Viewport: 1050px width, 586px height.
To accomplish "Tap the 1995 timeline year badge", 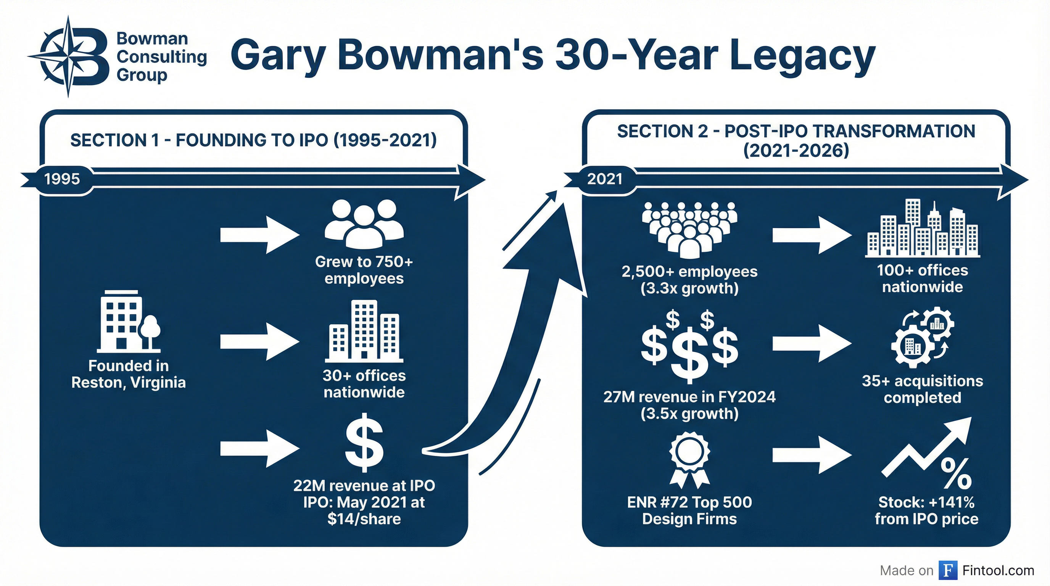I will point(62,179).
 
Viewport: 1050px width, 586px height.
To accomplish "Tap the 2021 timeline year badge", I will point(604,179).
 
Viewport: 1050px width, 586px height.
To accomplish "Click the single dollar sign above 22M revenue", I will point(364,443).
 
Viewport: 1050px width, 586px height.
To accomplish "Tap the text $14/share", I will point(364,519).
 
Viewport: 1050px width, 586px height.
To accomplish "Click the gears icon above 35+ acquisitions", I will point(923,336).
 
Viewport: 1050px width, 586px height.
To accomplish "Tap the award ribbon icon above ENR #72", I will point(689,460).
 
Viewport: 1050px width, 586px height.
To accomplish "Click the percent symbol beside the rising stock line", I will point(956,474).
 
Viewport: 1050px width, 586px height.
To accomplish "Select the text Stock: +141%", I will point(926,502).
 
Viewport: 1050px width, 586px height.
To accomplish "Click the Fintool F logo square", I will point(948,570).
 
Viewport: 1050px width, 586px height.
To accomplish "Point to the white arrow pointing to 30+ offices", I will point(260,341).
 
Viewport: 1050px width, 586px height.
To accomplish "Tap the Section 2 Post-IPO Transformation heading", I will point(796,141).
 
